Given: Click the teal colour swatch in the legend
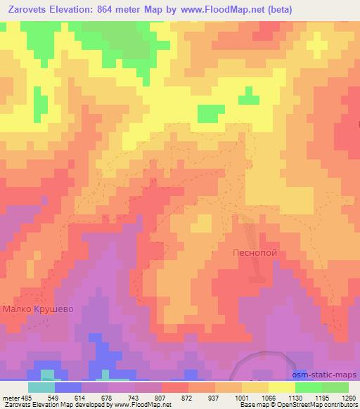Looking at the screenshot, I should pos(41,387).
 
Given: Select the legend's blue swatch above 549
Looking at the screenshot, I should pos(68,387).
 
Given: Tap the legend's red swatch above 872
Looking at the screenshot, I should pos(175,387).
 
